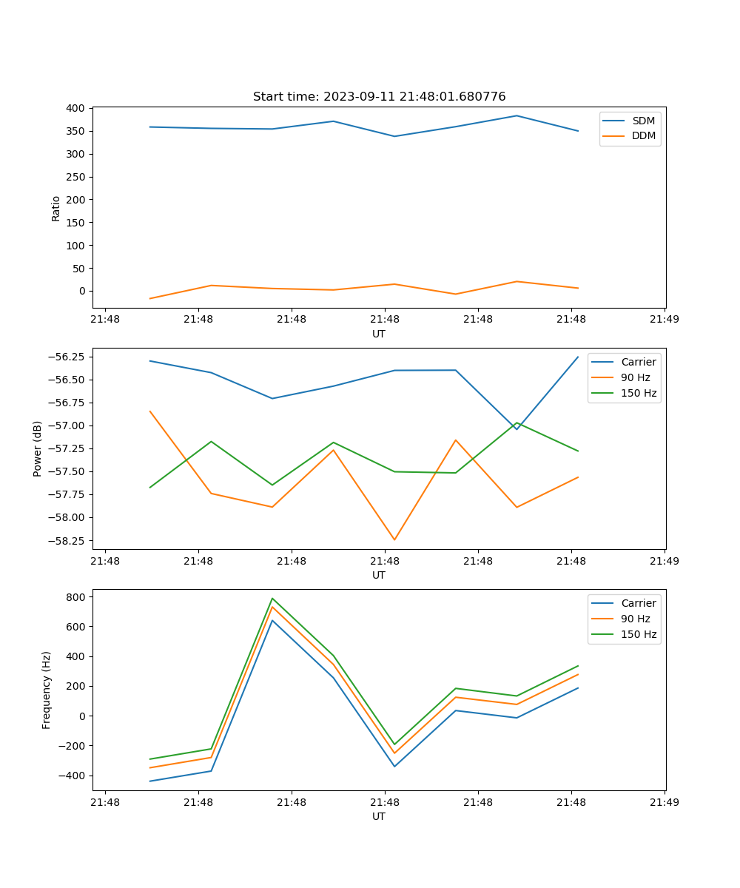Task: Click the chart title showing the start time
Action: (379, 97)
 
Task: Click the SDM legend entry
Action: (643, 120)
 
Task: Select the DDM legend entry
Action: (643, 135)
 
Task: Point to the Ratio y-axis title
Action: (56, 208)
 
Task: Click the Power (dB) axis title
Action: (38, 448)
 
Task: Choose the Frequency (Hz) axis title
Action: (47, 690)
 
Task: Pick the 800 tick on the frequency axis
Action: (76, 596)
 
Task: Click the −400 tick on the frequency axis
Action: (73, 776)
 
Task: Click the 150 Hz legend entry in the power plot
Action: (638, 393)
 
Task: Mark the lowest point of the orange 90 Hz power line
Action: (394, 539)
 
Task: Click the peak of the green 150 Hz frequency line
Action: (272, 599)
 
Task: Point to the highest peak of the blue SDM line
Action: (517, 115)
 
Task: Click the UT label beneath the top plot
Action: (379, 334)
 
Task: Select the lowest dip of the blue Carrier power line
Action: (517, 429)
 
